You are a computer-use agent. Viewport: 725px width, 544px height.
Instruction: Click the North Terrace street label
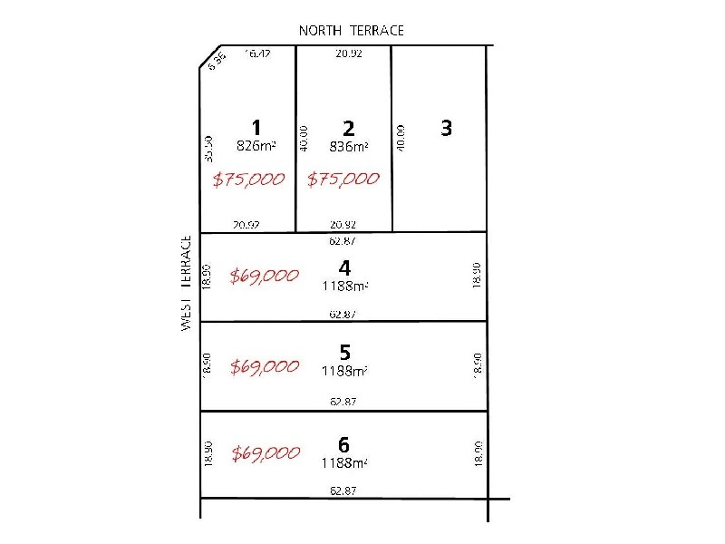352,31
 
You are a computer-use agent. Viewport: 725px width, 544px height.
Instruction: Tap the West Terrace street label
187,283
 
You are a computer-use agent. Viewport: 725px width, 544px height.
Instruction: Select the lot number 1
256,127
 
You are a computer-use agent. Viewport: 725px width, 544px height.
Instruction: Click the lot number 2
349,129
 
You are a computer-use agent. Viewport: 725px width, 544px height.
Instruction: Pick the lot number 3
446,128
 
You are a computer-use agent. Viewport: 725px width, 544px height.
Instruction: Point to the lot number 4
343,267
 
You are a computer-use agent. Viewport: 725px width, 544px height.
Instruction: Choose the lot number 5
344,352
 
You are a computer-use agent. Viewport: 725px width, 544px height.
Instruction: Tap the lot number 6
343,444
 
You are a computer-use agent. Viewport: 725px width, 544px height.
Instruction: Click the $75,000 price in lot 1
248,179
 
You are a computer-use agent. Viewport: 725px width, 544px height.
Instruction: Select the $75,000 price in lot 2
343,179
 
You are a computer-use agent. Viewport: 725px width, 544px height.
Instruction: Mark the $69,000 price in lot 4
264,276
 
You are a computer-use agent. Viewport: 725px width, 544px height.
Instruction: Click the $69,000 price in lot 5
264,366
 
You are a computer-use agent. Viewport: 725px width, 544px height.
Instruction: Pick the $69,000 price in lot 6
264,453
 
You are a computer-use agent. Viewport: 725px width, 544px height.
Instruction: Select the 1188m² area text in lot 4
344,286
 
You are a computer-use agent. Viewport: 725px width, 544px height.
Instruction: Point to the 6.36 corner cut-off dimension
216,63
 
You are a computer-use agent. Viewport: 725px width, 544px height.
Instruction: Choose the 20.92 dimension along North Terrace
349,53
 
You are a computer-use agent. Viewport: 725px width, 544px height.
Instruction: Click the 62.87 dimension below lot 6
343,490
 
